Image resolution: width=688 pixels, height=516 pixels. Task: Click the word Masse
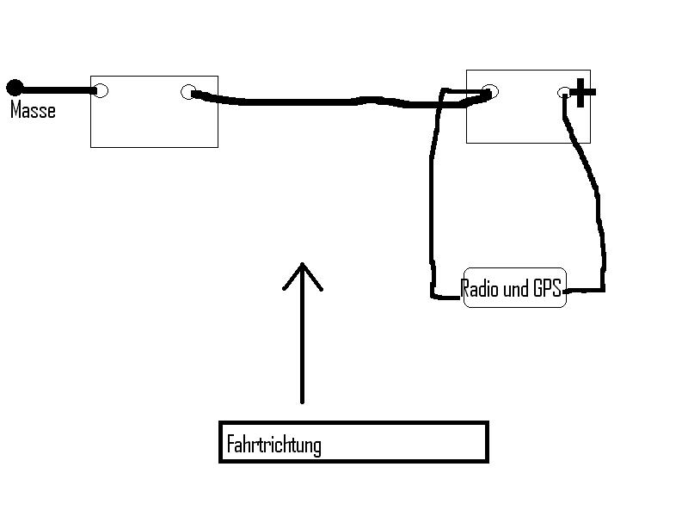click(33, 110)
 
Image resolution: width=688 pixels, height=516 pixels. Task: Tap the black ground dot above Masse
click(15, 87)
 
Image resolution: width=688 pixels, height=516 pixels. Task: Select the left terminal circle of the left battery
click(101, 90)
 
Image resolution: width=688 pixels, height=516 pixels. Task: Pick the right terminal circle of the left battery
click(189, 92)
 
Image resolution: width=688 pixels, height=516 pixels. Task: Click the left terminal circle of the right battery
click(489, 92)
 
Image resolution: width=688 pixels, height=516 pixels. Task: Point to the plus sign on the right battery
click(582, 93)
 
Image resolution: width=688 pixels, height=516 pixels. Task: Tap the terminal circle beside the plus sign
click(564, 93)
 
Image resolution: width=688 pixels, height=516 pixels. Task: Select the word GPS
click(546, 289)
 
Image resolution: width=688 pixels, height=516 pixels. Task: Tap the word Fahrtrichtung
click(273, 445)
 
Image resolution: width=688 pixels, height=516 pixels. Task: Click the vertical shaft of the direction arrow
click(302, 344)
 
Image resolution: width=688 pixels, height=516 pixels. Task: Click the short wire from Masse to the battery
click(56, 89)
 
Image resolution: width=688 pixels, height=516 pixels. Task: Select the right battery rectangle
click(527, 120)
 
